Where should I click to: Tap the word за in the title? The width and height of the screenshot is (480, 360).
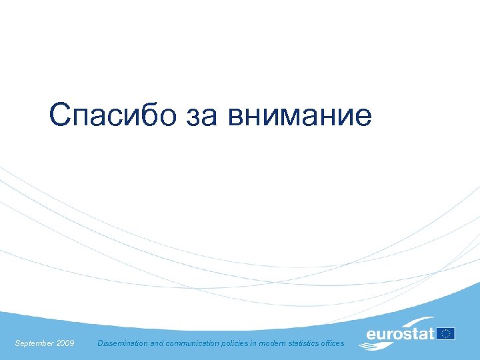199,116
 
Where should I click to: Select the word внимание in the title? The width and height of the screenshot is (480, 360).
299,116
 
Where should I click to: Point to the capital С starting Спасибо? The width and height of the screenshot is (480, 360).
59,116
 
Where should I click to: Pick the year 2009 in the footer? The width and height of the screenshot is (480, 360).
65,343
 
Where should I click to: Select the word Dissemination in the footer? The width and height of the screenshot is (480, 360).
121,343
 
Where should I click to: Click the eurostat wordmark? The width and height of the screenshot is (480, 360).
400,333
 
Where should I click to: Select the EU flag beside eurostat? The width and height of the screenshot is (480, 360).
446,333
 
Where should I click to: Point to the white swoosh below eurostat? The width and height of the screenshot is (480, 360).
377,345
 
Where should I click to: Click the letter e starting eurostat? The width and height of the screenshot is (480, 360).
371,334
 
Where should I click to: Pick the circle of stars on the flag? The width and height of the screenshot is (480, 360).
446,333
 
